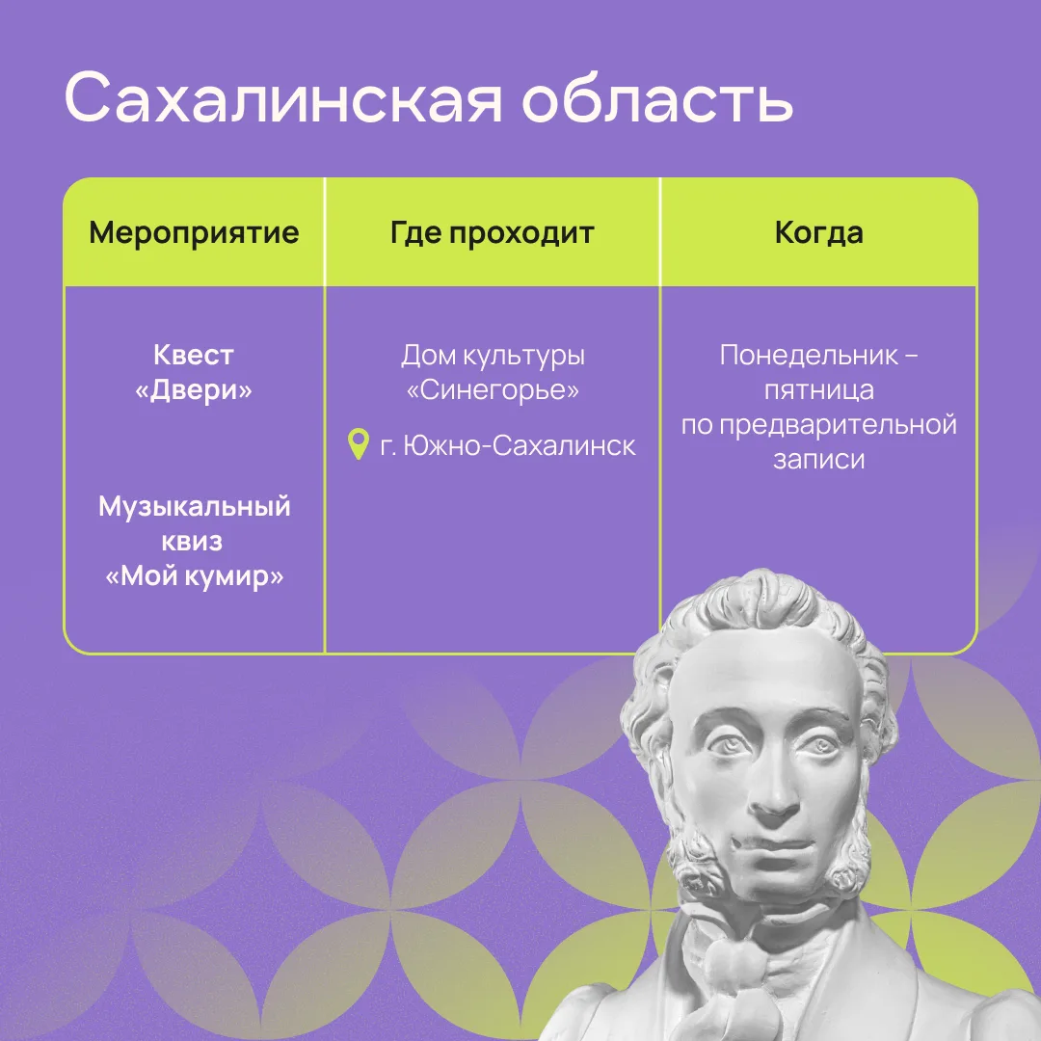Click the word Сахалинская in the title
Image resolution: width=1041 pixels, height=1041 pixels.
pyautogui.click(x=283, y=97)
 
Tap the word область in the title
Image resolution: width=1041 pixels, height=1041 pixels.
pyautogui.click(x=658, y=97)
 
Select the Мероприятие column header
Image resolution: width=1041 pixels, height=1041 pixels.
pyautogui.click(x=194, y=233)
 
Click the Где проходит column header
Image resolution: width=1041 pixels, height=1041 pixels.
pyautogui.click(x=492, y=233)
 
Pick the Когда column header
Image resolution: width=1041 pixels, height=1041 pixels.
pyautogui.click(x=818, y=233)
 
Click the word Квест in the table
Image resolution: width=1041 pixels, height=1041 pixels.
pyautogui.click(x=193, y=355)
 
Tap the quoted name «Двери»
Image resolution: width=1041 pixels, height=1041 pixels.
pyautogui.click(x=193, y=389)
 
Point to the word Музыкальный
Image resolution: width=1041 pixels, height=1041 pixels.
pyautogui.click(x=194, y=507)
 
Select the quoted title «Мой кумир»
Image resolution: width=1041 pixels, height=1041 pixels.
pyautogui.click(x=194, y=575)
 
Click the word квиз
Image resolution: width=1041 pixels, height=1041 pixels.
pyautogui.click(x=193, y=542)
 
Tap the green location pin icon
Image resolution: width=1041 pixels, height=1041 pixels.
pyautogui.click(x=359, y=444)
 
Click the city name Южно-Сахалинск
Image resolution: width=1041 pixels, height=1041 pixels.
pyautogui.click(x=520, y=445)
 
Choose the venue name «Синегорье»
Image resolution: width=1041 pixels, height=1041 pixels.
pyautogui.click(x=492, y=389)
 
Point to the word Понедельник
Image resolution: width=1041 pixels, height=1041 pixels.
pyautogui.click(x=809, y=355)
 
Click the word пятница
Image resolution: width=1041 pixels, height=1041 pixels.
pyautogui.click(x=818, y=389)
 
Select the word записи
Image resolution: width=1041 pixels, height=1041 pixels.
pyautogui.click(x=818, y=460)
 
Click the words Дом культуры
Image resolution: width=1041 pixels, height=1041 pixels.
pyautogui.click(x=493, y=355)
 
